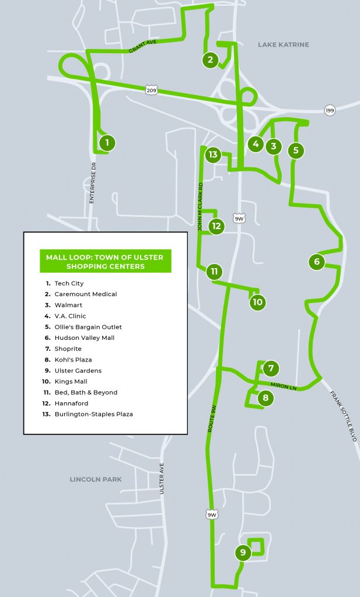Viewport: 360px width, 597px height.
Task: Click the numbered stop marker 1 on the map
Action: pyautogui.click(x=107, y=142)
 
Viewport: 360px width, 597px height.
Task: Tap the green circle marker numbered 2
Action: pyautogui.click(x=211, y=59)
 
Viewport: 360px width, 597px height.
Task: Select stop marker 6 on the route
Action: pyautogui.click(x=317, y=262)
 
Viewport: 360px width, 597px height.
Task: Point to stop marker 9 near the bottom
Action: pyautogui.click(x=242, y=553)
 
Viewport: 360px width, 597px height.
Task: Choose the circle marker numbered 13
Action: pyautogui.click(x=213, y=154)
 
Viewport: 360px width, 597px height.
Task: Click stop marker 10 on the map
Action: pyautogui.click(x=257, y=302)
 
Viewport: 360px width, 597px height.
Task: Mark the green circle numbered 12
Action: pyautogui.click(x=216, y=226)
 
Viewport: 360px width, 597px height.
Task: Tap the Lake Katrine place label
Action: pyautogui.click(x=283, y=44)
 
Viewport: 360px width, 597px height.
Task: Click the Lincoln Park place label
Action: pyautogui.click(x=96, y=479)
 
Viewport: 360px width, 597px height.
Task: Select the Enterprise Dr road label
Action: pyautogui.click(x=92, y=182)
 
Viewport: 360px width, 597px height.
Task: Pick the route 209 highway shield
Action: pyautogui.click(x=152, y=90)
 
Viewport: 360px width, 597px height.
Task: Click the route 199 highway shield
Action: pyautogui.click(x=330, y=110)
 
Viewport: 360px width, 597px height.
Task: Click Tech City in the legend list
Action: pyautogui.click(x=69, y=283)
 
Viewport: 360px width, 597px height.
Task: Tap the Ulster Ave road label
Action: pyautogui.click(x=162, y=478)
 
